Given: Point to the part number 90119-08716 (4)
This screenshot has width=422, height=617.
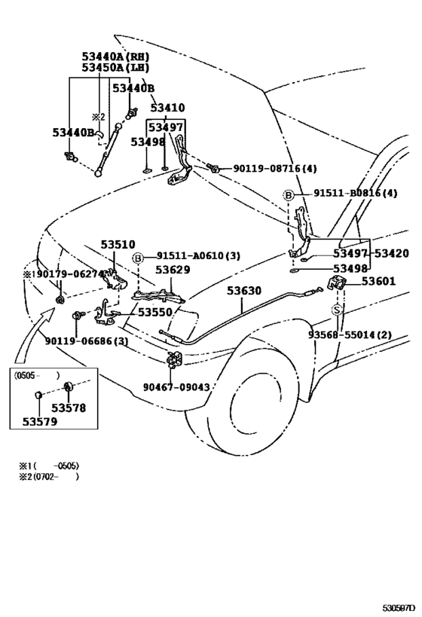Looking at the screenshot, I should pyautogui.click(x=274, y=170).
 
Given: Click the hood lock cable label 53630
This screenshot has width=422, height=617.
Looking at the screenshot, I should pyautogui.click(x=244, y=290).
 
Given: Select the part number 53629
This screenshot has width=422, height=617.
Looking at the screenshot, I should pyautogui.click(x=174, y=269).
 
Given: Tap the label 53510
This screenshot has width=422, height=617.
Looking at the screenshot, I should pyautogui.click(x=118, y=245).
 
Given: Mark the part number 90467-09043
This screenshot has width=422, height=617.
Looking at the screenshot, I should pyautogui.click(x=176, y=387).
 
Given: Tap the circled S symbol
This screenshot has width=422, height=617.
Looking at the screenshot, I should pyautogui.click(x=338, y=309).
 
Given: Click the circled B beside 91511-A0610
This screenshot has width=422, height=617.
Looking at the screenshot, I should pyautogui.click(x=138, y=257).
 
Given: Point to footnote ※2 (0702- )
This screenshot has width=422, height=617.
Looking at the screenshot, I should pyautogui.click(x=49, y=477).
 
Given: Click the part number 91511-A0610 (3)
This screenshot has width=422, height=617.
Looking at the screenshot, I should pyautogui.click(x=198, y=256).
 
